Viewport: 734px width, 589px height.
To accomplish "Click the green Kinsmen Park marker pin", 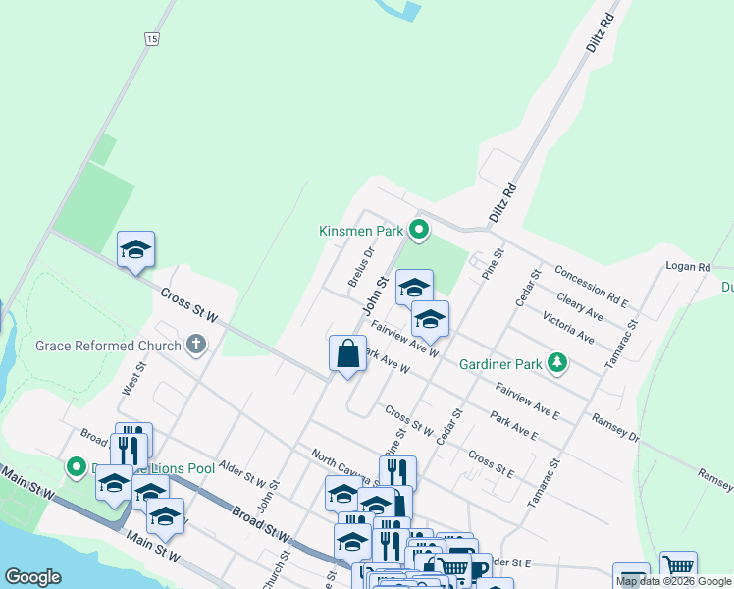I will pos(419,231).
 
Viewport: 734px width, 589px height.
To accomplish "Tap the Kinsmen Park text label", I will pos(361,232).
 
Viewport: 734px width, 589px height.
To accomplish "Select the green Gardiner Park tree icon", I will pos(557,363).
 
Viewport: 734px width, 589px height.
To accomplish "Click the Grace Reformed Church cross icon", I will pos(196,345).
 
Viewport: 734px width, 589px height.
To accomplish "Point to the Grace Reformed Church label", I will pos(108,346).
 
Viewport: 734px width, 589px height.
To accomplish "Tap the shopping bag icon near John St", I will pos(348,353).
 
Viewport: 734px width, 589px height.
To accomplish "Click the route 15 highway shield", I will pos(150,38).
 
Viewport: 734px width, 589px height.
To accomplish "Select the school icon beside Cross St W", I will pos(136,250).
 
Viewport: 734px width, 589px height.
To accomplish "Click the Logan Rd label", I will pos(687,267).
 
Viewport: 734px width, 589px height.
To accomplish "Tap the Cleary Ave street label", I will pos(579,304).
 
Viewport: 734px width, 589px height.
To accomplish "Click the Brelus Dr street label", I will pos(361,266).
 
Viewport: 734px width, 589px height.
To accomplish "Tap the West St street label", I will pos(133,378).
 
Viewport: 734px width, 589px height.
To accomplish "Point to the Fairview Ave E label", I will pos(527,402).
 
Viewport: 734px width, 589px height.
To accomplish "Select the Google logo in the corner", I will pos(32,577).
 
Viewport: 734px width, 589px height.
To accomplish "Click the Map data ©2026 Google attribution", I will pos(673,581).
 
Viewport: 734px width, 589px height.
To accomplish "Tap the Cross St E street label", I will pos(492,463).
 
